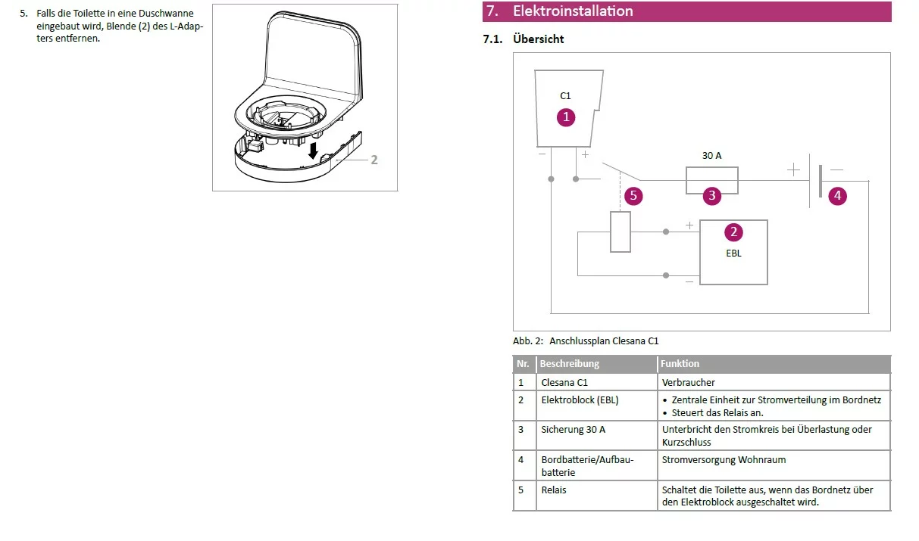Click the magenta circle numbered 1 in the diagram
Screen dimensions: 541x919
coord(565,117)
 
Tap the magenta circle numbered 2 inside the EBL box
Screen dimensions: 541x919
coord(733,232)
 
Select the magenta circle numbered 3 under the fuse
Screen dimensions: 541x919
coord(711,196)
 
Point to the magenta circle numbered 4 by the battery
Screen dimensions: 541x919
coord(837,196)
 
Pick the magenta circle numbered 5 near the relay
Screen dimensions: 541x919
coord(633,196)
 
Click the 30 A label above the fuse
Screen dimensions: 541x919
coord(711,155)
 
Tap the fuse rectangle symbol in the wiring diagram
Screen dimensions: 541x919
coord(711,181)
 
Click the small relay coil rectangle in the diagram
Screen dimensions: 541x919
coord(620,232)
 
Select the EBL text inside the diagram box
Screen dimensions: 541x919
coord(733,253)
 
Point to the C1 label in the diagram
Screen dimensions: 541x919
coord(565,96)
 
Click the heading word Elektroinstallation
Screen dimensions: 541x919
coord(573,11)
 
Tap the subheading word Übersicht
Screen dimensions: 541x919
coord(538,39)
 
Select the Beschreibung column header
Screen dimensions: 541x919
coord(569,364)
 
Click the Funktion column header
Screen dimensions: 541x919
coord(680,364)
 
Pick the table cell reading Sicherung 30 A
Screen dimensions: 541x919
coord(573,430)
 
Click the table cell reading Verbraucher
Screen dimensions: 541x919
coord(688,383)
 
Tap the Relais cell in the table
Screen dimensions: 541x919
coord(553,490)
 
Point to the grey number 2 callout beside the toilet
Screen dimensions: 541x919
coord(374,160)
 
